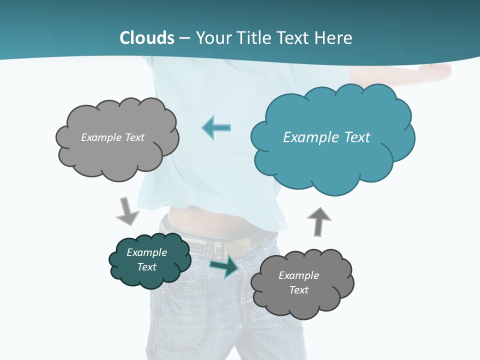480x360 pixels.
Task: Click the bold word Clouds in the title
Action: (147, 38)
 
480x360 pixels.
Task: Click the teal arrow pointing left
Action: (217, 127)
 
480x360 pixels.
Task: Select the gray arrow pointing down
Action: (127, 210)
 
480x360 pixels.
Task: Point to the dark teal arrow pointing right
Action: (224, 266)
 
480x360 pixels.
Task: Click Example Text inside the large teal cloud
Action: (326, 137)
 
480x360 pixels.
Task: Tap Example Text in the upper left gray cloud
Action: (112, 137)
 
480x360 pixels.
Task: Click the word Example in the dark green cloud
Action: (146, 252)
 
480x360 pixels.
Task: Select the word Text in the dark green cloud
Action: (146, 267)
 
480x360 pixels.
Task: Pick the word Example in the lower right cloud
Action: (298, 275)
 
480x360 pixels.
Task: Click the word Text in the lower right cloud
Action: (298, 290)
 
